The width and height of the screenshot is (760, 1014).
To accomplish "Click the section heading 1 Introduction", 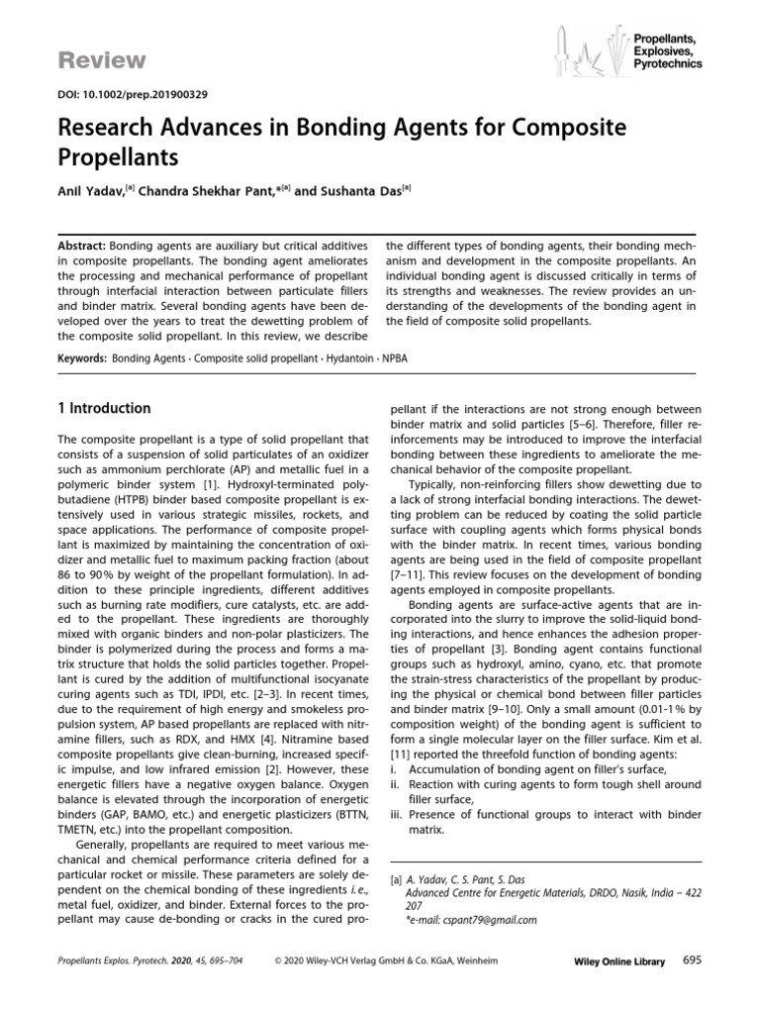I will [x=103, y=409].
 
